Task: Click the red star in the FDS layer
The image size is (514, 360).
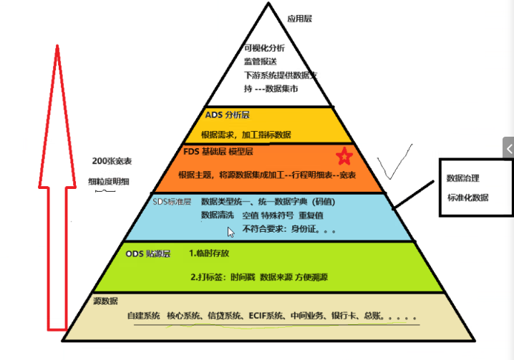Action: (344, 155)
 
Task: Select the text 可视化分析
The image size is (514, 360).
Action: (265, 48)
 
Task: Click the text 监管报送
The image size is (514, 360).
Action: (259, 62)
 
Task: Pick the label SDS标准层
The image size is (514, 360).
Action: (173, 202)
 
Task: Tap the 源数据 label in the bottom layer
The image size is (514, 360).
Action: (105, 301)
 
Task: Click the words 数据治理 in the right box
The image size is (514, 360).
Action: (462, 178)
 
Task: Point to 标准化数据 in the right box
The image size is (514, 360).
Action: (467, 198)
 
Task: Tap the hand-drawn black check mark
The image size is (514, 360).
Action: (394, 165)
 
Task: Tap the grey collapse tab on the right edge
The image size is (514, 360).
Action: (508, 148)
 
